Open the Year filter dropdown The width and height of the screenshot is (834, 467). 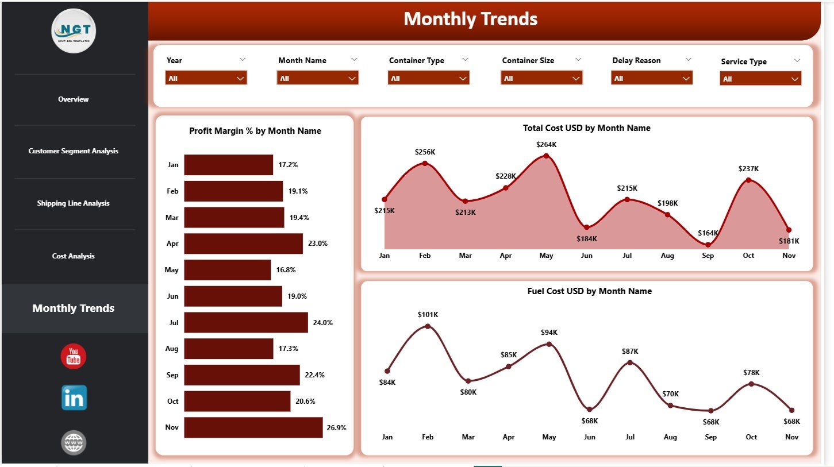pyautogui.click(x=206, y=78)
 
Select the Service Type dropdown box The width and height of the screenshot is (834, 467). pyautogui.click(x=760, y=79)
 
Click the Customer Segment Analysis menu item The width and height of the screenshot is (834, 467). pyautogui.click(x=74, y=151)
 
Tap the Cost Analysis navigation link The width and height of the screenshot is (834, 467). pyautogui.click(x=74, y=256)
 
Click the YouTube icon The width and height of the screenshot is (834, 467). pyautogui.click(x=74, y=357)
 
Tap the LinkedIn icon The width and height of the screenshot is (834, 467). pyautogui.click(x=74, y=397)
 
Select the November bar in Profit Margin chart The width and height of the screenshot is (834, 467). pyautogui.click(x=253, y=427)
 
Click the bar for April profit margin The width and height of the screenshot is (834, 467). pyautogui.click(x=243, y=244)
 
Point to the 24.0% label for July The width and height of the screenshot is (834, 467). pyautogui.click(x=322, y=323)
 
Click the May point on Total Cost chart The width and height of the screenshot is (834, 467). pyautogui.click(x=546, y=156)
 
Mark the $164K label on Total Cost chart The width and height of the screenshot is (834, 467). pyautogui.click(x=708, y=233)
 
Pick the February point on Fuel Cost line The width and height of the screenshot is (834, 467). pyautogui.click(x=428, y=326)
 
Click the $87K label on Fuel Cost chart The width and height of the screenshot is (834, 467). pyautogui.click(x=630, y=351)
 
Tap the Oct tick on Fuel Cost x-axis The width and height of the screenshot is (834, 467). pyautogui.click(x=751, y=437)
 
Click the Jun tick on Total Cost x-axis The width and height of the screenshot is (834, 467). pyautogui.click(x=587, y=256)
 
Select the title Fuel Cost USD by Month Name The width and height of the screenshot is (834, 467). pyautogui.click(x=589, y=291)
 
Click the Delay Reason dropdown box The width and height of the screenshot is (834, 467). pyautogui.click(x=651, y=78)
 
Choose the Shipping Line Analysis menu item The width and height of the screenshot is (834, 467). pyautogui.click(x=74, y=203)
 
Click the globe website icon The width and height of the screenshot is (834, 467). pyautogui.click(x=74, y=442)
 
